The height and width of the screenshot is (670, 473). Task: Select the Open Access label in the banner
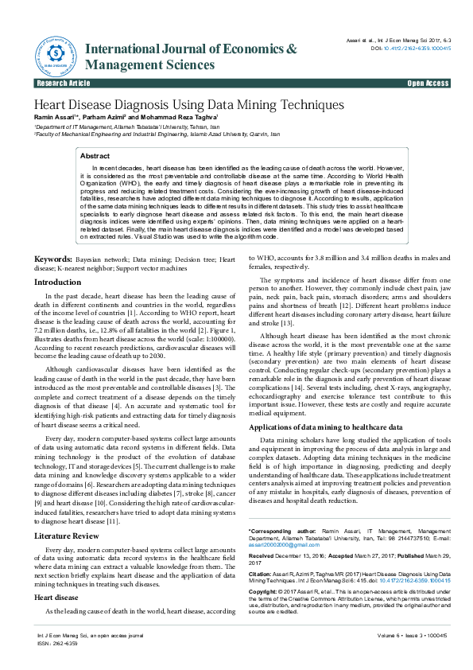[x=428, y=83]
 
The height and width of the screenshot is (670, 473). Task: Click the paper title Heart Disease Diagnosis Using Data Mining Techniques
[x=188, y=105]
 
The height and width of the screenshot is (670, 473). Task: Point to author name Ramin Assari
[x=56, y=119]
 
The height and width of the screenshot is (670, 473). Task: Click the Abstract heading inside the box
[x=95, y=157]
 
